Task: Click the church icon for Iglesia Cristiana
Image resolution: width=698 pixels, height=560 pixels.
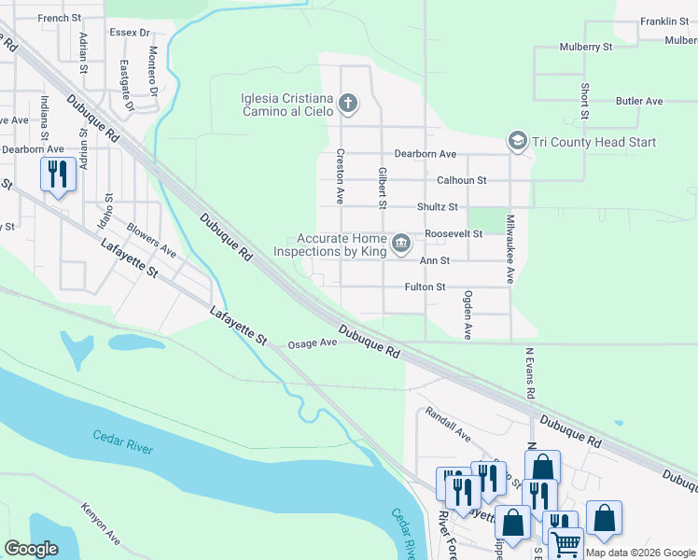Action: (x=348, y=102)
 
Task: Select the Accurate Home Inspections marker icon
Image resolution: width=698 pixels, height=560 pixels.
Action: (x=401, y=244)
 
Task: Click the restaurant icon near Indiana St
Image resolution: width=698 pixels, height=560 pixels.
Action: (x=58, y=175)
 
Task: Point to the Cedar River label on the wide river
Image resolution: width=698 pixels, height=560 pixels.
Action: (x=122, y=441)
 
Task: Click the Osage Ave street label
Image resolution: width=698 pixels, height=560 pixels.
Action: (x=312, y=343)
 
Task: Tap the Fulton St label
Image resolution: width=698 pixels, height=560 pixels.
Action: (x=425, y=287)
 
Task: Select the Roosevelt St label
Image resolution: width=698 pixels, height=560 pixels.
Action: (x=453, y=233)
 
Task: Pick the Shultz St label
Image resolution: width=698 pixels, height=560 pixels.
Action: (x=437, y=207)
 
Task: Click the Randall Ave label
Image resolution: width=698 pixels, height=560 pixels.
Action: (x=448, y=423)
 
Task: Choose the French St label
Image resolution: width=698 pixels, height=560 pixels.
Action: (x=61, y=18)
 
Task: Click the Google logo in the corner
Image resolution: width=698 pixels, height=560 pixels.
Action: (x=32, y=549)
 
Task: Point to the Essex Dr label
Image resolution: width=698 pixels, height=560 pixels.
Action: (x=130, y=33)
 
